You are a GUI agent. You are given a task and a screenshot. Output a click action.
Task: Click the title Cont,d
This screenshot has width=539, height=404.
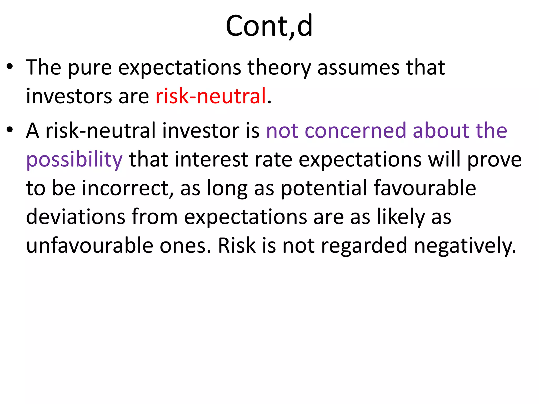click(x=269, y=26)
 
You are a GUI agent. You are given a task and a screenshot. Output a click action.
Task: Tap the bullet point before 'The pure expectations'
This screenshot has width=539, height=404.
click(x=10, y=67)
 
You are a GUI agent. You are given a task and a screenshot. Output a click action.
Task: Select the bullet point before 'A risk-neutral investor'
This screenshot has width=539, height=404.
click(x=10, y=130)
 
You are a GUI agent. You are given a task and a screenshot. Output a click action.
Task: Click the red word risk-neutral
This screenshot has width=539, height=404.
click(x=211, y=96)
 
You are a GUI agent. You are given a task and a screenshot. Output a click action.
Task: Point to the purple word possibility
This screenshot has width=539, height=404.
click(x=74, y=160)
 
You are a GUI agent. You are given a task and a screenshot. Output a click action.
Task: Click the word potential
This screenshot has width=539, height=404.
click(x=324, y=188)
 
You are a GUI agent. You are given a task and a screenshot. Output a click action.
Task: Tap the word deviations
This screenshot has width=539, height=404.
click(x=76, y=217)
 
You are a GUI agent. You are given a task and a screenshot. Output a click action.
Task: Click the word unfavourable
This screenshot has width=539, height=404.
click(x=90, y=245)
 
